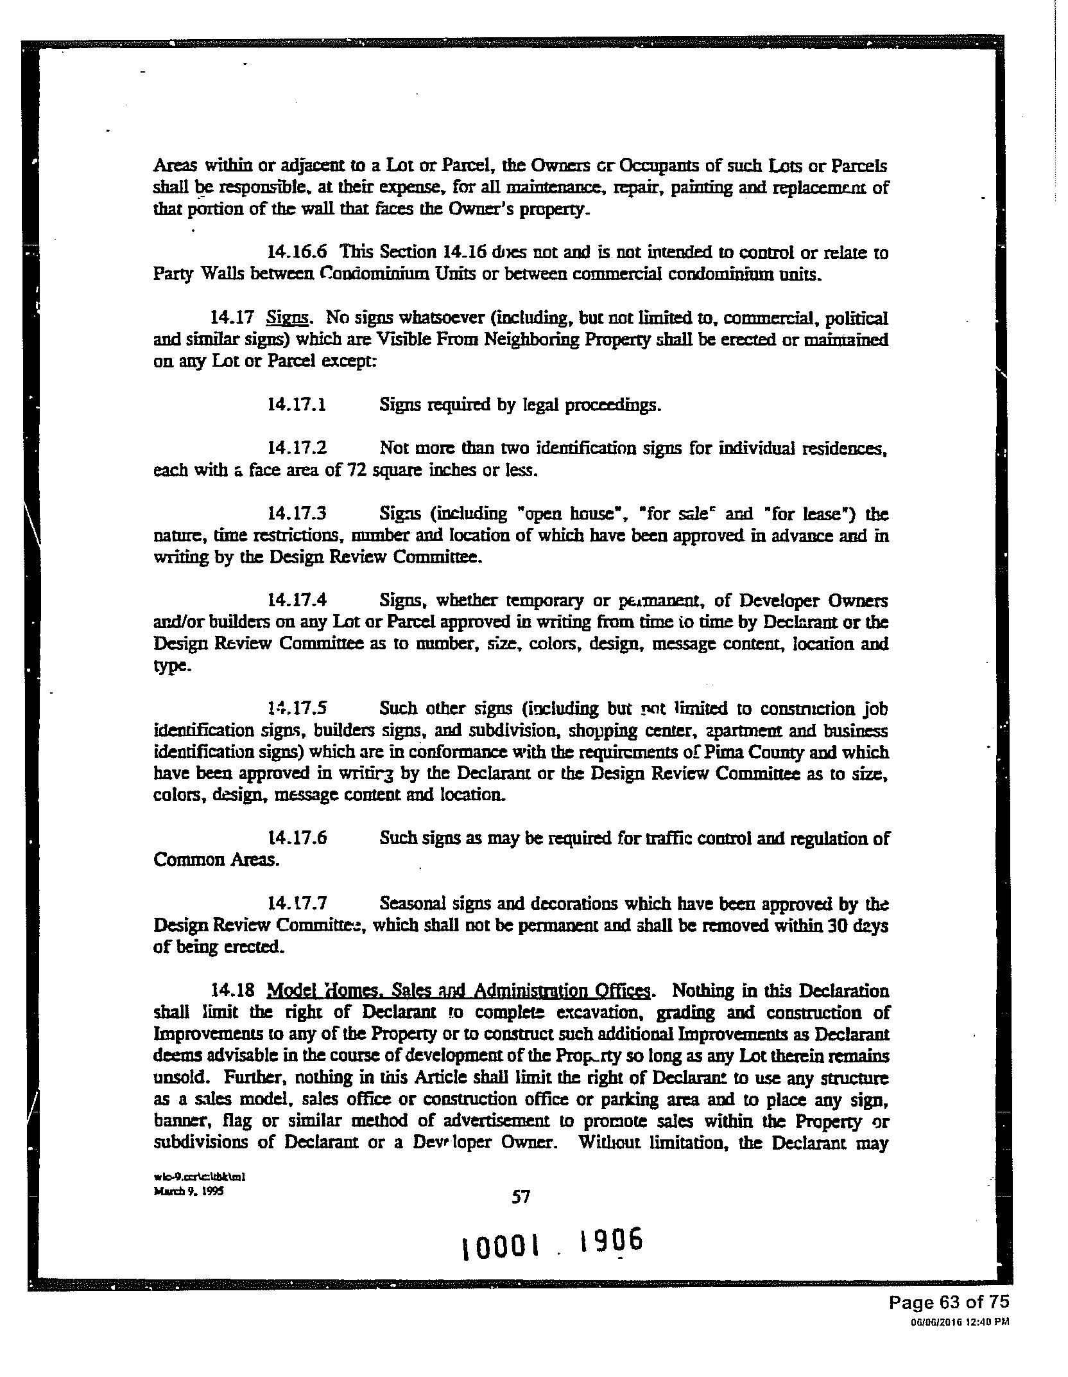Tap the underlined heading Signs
pyautogui.click(x=288, y=318)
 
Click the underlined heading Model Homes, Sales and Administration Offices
pyautogui.click(x=458, y=990)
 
